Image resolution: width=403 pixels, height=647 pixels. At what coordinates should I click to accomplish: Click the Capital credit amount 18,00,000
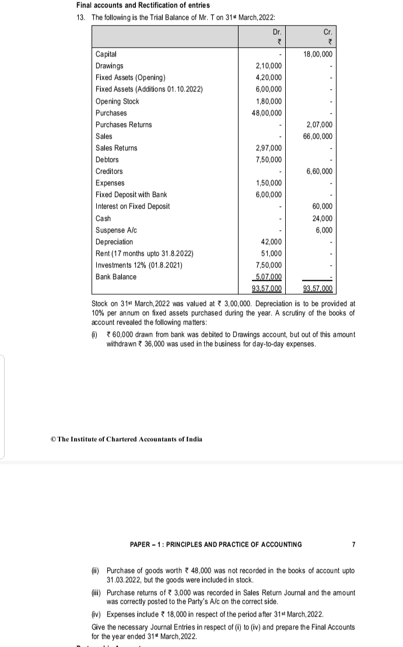318,54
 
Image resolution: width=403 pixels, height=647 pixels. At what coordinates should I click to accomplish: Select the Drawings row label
109,66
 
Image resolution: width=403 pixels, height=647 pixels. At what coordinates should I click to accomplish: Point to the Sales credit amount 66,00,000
318,136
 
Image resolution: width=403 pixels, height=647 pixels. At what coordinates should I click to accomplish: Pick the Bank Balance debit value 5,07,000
268,277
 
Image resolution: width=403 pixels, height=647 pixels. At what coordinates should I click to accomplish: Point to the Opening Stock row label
117,101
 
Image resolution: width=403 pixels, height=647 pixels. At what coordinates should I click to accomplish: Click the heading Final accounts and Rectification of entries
143,5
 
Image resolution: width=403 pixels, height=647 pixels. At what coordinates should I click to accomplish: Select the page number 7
353,544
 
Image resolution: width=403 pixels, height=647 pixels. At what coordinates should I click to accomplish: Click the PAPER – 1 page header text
216,544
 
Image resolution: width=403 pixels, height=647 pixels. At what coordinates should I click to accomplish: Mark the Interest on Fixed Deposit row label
132,206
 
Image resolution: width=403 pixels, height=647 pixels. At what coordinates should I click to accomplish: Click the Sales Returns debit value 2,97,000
269,148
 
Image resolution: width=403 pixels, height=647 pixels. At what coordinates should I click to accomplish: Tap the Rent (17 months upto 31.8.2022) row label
144,253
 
